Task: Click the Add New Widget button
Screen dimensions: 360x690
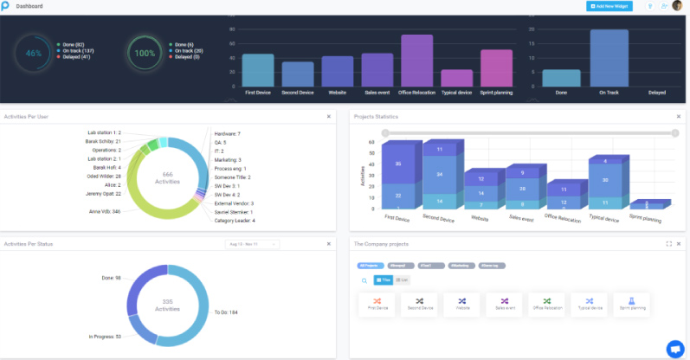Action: point(609,6)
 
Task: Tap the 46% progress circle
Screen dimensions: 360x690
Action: point(34,53)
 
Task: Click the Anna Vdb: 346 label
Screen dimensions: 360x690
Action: point(104,211)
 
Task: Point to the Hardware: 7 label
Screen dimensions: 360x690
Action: point(227,134)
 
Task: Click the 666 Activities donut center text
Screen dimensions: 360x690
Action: point(168,177)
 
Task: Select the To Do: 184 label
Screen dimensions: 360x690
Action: point(226,312)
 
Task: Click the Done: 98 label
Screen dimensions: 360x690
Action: point(112,278)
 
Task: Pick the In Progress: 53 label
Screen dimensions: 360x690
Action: point(106,337)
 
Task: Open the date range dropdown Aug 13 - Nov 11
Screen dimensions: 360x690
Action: point(252,245)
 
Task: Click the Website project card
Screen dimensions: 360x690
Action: point(461,304)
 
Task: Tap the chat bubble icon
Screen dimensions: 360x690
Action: point(674,347)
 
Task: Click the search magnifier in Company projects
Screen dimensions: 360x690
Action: point(364,280)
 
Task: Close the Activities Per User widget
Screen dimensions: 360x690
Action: point(328,116)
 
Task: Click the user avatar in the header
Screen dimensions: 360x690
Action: point(677,6)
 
